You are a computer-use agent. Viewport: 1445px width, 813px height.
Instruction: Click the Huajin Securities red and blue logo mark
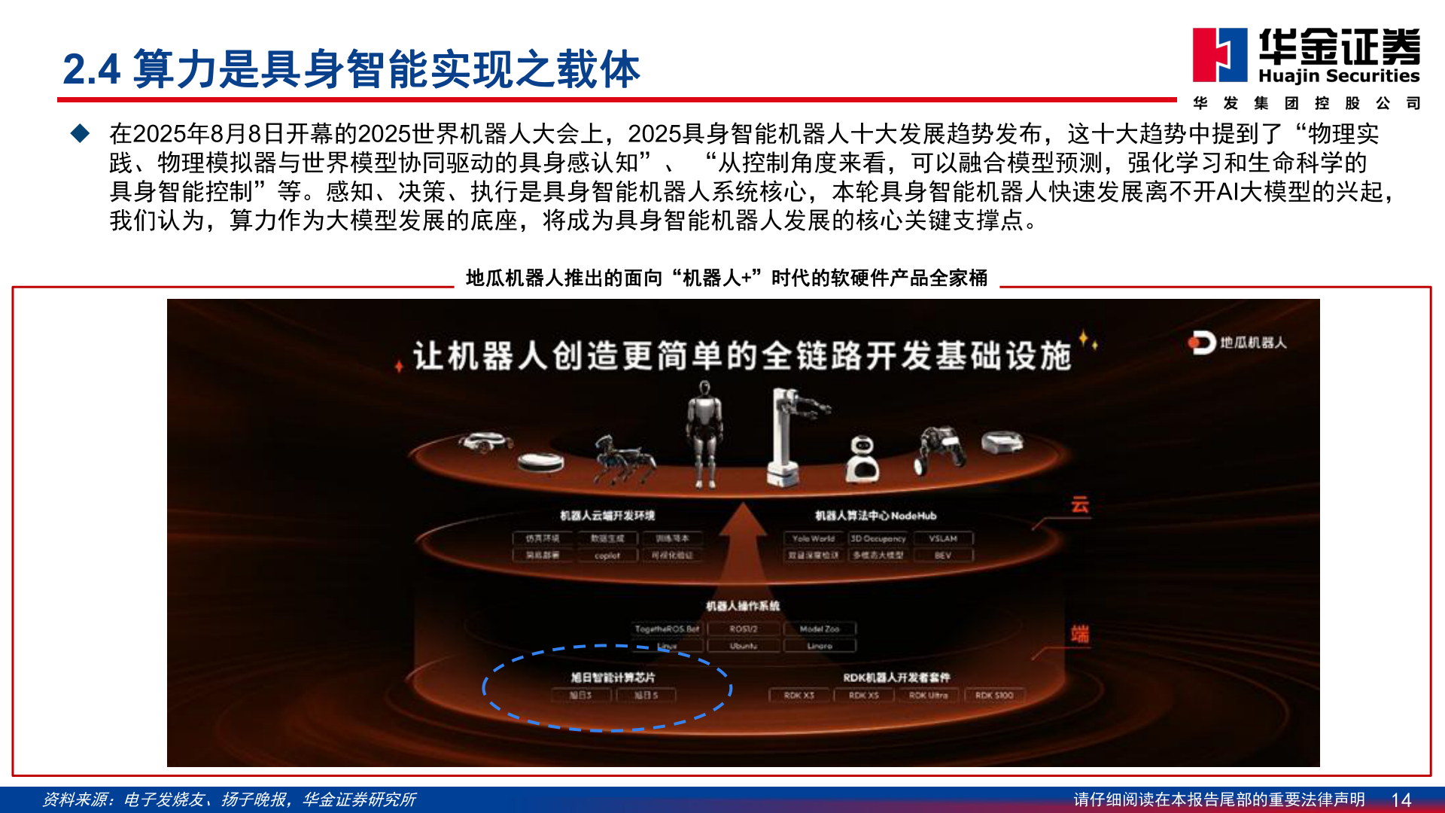coord(1219,54)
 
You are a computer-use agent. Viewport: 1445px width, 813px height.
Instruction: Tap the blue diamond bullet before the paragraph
coord(80,134)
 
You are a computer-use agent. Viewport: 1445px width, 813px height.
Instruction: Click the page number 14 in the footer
coord(1401,799)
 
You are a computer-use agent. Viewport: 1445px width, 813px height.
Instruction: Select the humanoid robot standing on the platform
coord(704,433)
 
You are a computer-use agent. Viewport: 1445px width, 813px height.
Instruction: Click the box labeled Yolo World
coord(813,538)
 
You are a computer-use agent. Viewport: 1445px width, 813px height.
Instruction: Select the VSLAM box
coord(942,538)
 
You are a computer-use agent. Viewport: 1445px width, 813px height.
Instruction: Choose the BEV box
coord(942,556)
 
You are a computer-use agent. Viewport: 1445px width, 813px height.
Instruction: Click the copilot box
coord(607,556)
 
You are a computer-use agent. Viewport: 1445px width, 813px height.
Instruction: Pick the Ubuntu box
coord(743,646)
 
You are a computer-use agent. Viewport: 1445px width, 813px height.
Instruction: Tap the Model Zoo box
coord(819,629)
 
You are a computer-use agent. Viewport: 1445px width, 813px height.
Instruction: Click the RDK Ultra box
coord(928,696)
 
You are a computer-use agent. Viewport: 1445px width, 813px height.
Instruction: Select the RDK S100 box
coord(993,696)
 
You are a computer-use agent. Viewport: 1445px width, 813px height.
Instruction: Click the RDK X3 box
coord(799,696)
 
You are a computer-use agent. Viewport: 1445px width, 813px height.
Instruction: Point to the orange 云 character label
coord(1080,504)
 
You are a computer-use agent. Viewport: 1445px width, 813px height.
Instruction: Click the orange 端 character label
coord(1080,634)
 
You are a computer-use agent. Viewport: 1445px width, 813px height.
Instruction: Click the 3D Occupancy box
coord(878,538)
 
